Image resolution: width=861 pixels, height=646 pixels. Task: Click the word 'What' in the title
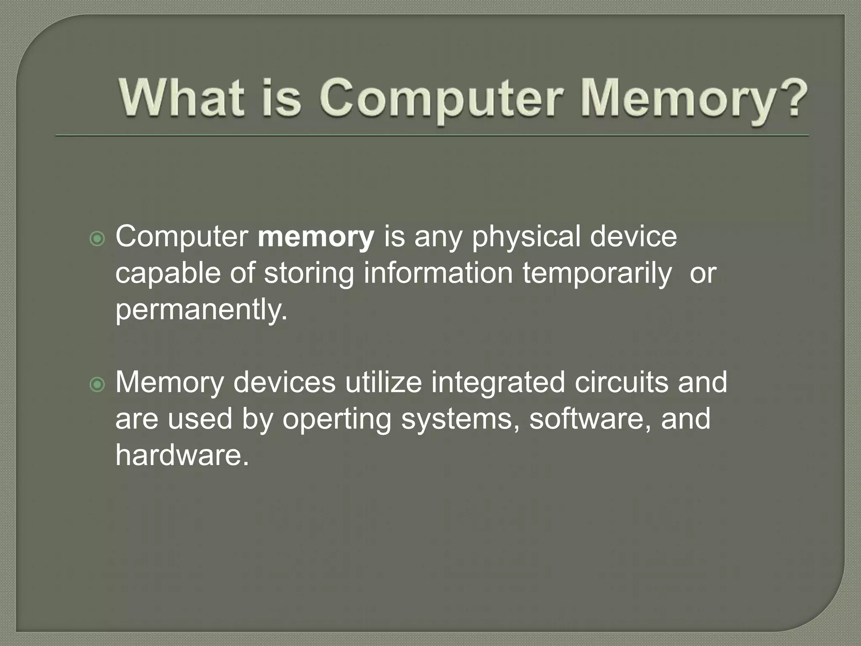tap(182, 98)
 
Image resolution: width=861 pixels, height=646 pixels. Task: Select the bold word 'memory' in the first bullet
tap(316, 237)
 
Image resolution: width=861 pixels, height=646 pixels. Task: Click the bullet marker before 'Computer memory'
tap(98, 239)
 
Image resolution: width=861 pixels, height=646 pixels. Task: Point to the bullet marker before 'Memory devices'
tap(98, 384)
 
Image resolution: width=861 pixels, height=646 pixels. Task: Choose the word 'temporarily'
tap(597, 274)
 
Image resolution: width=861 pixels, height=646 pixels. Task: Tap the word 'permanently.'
tap(201, 310)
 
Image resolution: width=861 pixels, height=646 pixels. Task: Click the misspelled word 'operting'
tap(337, 420)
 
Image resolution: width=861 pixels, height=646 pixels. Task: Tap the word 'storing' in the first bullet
tap(309, 274)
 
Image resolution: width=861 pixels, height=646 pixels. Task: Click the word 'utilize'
tap(383, 383)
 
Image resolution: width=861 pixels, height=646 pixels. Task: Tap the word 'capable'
tap(168, 274)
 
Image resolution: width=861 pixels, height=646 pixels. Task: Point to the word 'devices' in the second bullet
tap(284, 383)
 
